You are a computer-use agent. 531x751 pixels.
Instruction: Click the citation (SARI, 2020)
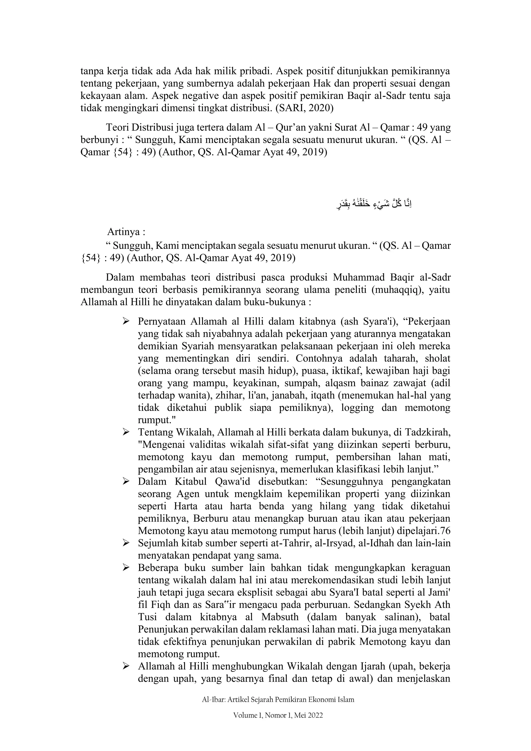coord(304,108)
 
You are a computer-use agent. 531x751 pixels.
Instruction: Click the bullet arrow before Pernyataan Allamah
coord(126,321)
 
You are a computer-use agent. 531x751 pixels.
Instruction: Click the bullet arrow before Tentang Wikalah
coord(126,432)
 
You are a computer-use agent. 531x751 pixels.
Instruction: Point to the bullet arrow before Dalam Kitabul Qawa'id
coord(126,481)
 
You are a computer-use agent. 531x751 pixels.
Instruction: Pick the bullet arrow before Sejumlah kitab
coord(126,543)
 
